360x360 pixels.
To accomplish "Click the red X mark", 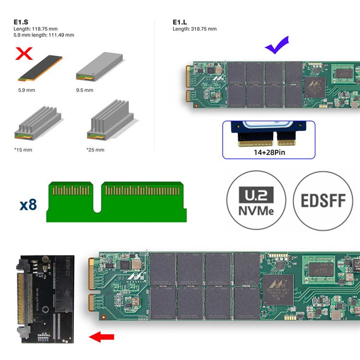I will pos(24,53).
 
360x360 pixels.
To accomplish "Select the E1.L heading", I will pos(180,22).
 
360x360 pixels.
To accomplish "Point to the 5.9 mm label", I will pos(26,90).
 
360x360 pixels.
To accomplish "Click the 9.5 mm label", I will pos(84,90).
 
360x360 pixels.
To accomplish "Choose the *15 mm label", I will pos(23,150).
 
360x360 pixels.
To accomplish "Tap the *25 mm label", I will pos(95,150).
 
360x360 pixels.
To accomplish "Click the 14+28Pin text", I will pos(268,153).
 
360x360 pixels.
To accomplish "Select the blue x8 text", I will pos(28,204).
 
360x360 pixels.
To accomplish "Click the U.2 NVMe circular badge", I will pos(256,200).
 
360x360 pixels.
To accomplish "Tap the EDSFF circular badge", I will pos(323,200).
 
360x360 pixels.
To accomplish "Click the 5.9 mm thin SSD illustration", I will pos(40,68).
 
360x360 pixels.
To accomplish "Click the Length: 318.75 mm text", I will pos(194,29).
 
